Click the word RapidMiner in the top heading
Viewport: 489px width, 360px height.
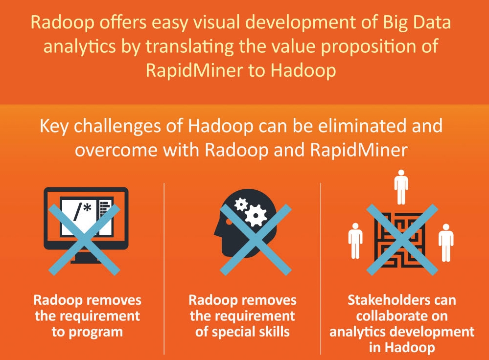click(194, 70)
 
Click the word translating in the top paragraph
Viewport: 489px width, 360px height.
click(189, 47)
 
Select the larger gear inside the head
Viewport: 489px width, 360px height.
click(256, 215)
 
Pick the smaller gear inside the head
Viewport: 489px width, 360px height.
click(241, 205)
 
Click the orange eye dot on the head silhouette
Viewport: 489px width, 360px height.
click(229, 222)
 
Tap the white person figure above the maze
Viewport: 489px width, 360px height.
click(401, 187)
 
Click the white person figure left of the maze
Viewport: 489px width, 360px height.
click(355, 241)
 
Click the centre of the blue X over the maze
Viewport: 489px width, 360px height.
click(402, 240)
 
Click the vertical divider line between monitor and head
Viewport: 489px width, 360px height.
click(164, 269)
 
